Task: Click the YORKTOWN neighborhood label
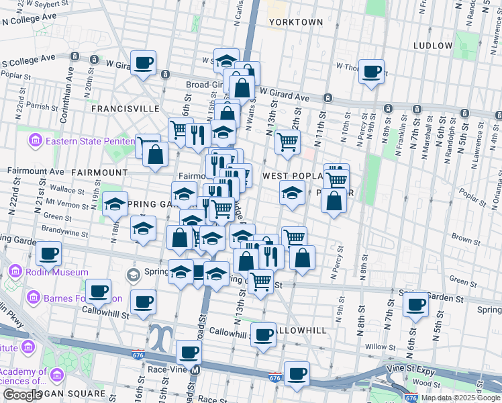point(295,22)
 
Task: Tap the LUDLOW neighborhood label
point(433,46)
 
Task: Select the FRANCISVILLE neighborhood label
point(125,108)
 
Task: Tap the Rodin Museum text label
point(58,272)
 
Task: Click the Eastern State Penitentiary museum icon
point(34,141)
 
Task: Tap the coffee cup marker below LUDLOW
point(371,71)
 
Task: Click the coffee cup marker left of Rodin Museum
point(48,255)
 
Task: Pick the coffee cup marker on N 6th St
point(415,305)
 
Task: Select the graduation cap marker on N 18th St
point(115,204)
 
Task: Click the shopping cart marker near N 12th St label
point(287,142)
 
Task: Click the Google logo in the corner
point(22,395)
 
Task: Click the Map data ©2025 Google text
point(461,398)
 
